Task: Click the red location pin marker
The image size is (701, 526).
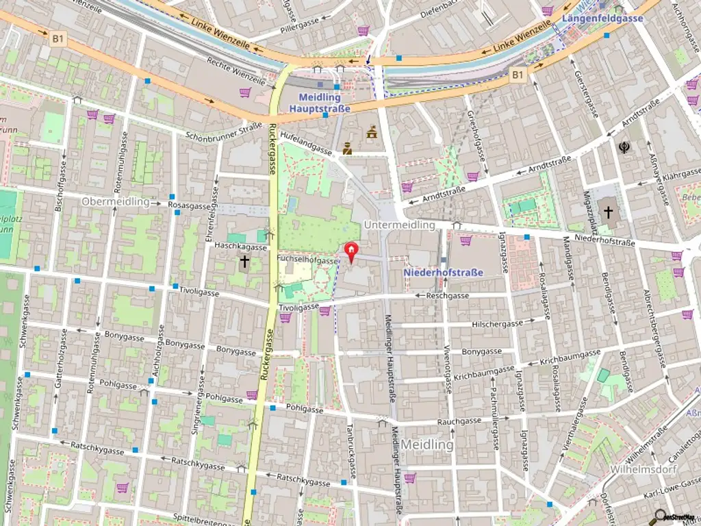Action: pyautogui.click(x=351, y=252)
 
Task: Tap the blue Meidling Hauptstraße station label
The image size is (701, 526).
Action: pyautogui.click(x=320, y=103)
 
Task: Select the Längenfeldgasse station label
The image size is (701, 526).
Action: pyautogui.click(x=602, y=18)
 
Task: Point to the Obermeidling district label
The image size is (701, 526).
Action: pyautogui.click(x=115, y=202)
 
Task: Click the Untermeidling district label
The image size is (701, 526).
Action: pyautogui.click(x=399, y=225)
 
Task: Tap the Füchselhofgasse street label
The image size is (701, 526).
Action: pyautogui.click(x=308, y=261)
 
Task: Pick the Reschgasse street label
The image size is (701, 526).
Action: pyautogui.click(x=447, y=296)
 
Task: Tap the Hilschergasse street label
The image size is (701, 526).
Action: pyautogui.click(x=498, y=324)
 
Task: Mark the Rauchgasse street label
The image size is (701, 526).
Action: pyautogui.click(x=459, y=422)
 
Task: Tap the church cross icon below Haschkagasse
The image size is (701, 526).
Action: pyautogui.click(x=244, y=261)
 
